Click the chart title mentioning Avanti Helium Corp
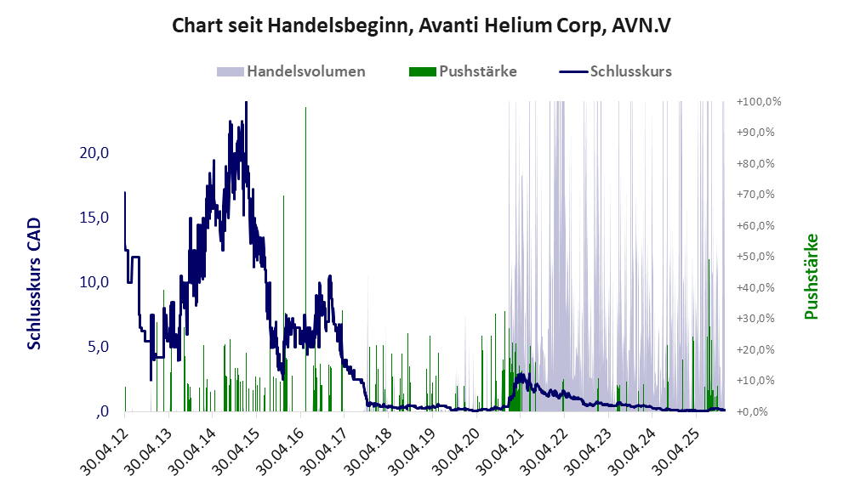point(421,25)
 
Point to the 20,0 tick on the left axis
point(94,153)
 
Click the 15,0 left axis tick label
point(94,218)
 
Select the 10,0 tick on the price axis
point(94,282)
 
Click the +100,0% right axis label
point(759,101)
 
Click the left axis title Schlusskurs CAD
point(35,283)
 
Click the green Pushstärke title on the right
point(811,276)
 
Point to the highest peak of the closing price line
point(246,103)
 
